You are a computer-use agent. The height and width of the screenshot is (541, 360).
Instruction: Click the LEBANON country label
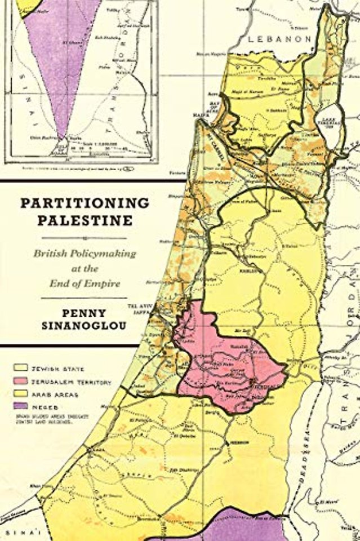[279, 39]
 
